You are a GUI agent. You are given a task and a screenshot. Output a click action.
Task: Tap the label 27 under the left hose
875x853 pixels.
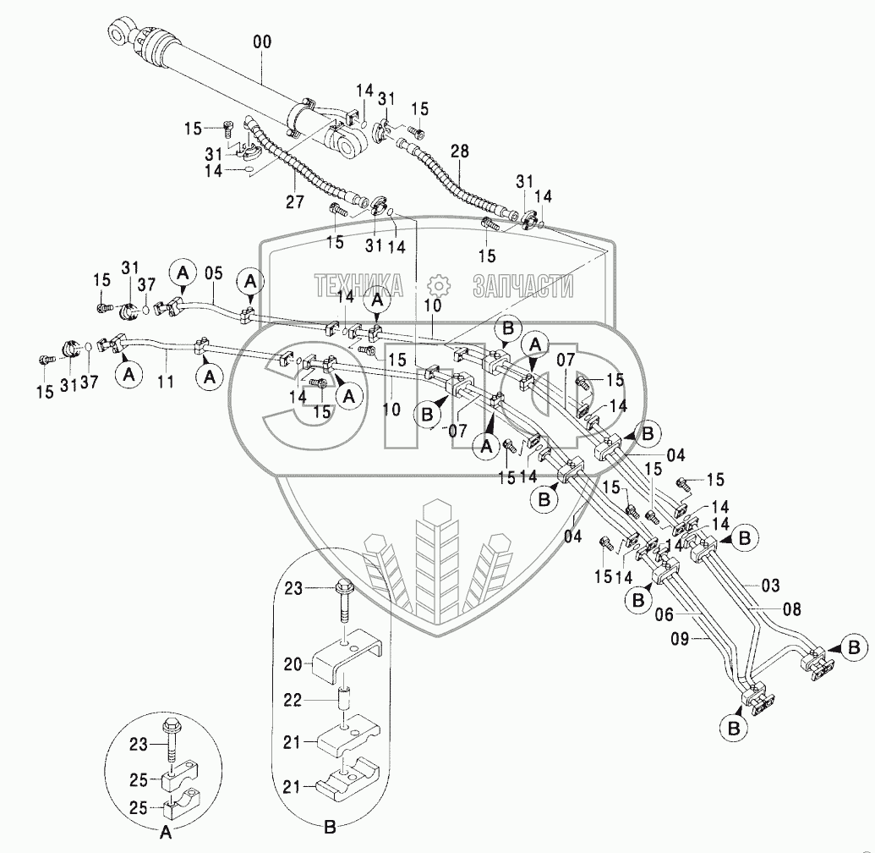[293, 202]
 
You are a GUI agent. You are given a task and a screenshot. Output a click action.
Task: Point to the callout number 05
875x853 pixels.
[214, 273]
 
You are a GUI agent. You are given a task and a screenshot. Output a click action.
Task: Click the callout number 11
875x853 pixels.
[166, 381]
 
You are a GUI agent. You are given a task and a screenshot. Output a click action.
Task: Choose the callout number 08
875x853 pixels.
[791, 608]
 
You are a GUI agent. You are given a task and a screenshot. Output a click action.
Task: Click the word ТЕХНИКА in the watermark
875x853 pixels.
[358, 286]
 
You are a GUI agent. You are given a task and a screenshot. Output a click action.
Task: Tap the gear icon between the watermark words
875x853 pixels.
[437, 286]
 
